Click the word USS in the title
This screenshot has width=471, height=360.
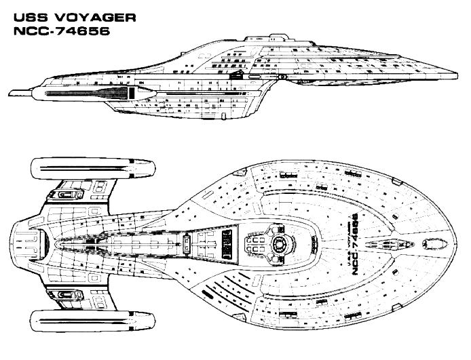tap(31, 18)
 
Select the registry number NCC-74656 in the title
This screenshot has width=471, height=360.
tap(62, 31)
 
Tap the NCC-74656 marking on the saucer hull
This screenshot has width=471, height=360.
tap(355, 244)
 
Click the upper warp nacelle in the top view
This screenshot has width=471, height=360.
tap(93, 169)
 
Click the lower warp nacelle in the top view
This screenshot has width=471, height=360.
tap(93, 321)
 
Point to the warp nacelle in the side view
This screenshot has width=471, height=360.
tap(94, 93)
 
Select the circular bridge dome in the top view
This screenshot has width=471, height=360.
tap(280, 245)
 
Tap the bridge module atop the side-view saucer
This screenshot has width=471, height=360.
tap(266, 38)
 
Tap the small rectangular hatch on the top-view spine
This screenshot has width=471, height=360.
tap(186, 245)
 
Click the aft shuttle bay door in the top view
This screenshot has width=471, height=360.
tap(43, 245)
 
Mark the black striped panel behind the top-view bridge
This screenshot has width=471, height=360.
tap(227, 245)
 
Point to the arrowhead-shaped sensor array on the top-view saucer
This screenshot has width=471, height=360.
tap(390, 245)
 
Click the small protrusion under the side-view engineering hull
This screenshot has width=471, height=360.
tap(223, 116)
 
